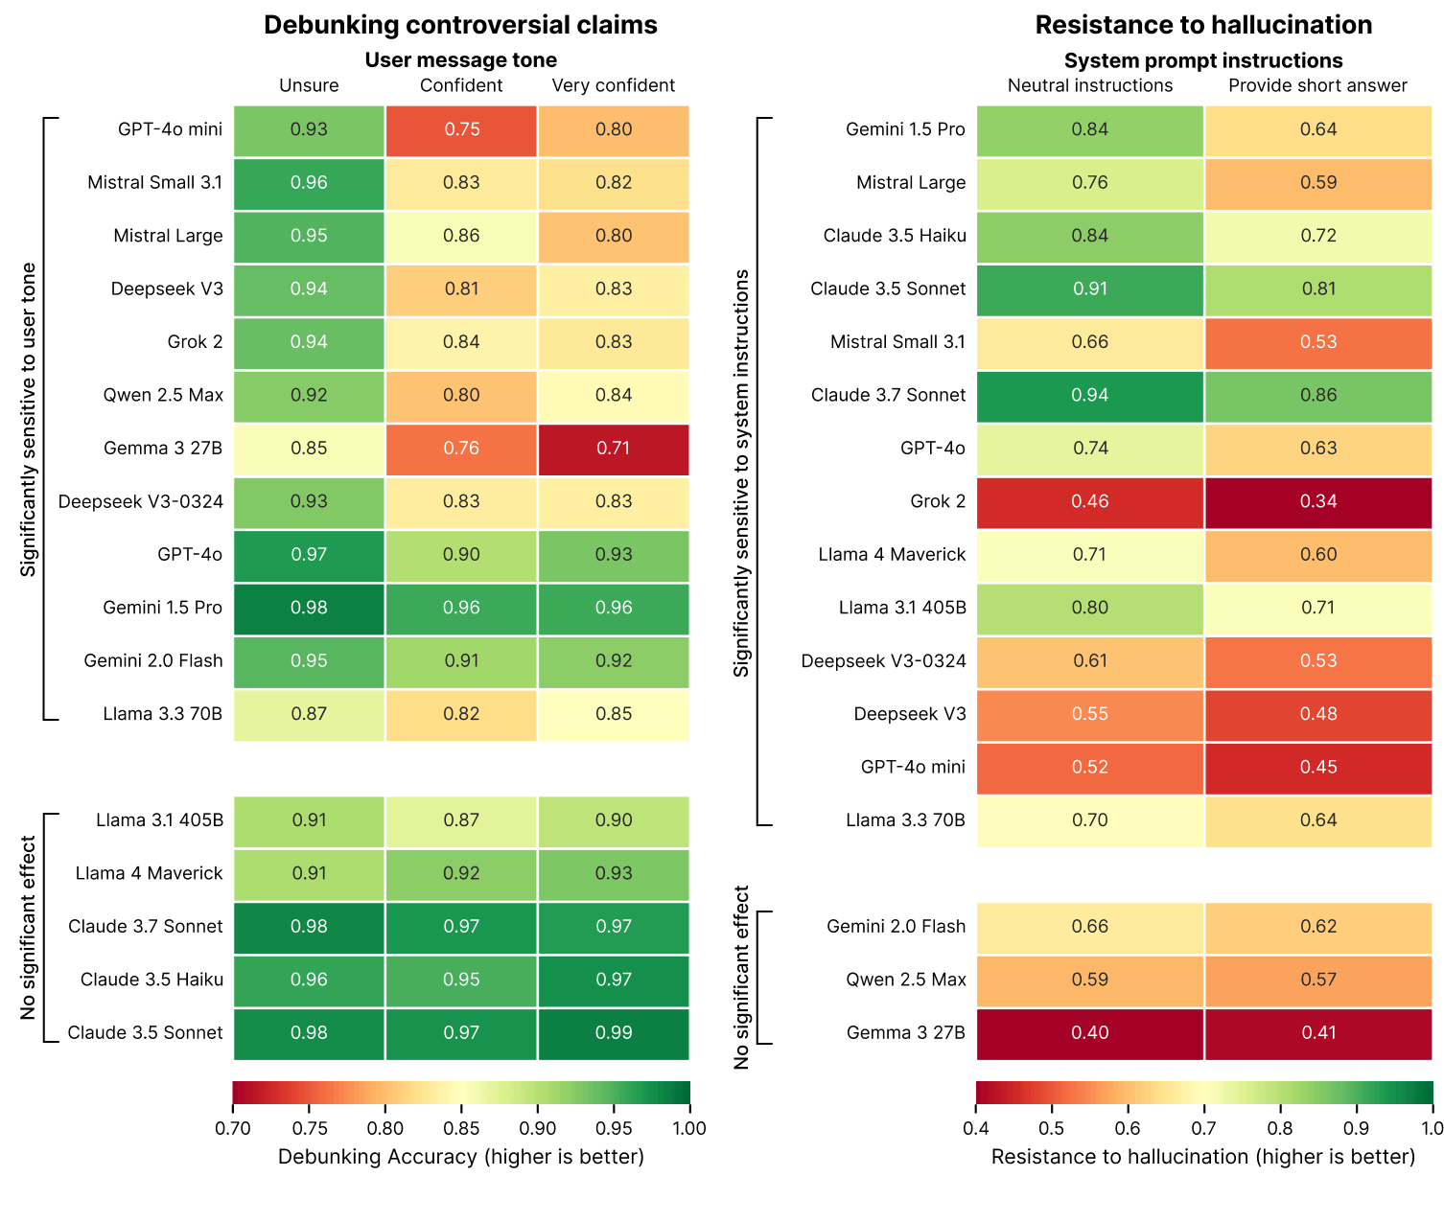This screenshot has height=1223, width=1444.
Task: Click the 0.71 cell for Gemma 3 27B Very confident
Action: pyautogui.click(x=614, y=449)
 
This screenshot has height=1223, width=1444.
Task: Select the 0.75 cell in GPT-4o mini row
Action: pyautogui.click(x=461, y=130)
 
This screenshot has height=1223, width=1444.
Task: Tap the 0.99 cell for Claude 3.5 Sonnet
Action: pyautogui.click(x=614, y=1033)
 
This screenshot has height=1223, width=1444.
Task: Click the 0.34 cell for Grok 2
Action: pyautogui.click(x=1317, y=502)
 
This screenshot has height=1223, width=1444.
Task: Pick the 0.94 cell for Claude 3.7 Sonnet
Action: pyautogui.click(x=1090, y=396)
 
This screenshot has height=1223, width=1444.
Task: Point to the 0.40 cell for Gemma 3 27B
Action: pyautogui.click(x=1090, y=1033)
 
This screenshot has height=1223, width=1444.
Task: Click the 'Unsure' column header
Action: pyautogui.click(x=309, y=86)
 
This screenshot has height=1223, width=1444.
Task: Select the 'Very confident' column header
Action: pyautogui.click(x=614, y=86)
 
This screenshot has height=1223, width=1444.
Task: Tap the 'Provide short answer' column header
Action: pyautogui.click(x=1317, y=86)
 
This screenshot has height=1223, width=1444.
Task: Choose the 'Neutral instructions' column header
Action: pyautogui.click(x=1090, y=86)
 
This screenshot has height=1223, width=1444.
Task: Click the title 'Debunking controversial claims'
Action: pyautogui.click(x=460, y=25)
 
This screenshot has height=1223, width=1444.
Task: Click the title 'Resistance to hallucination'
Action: pyautogui.click(x=1203, y=25)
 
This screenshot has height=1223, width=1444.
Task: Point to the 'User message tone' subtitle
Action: pyautogui.click(x=460, y=60)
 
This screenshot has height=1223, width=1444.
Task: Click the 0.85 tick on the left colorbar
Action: pyautogui.click(x=461, y=1128)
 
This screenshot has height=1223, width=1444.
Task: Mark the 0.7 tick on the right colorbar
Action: pyautogui.click(x=1204, y=1128)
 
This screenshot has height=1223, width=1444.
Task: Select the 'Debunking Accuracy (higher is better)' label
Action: pyautogui.click(x=460, y=1157)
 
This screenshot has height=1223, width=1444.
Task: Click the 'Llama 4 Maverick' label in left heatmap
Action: pyautogui.click(x=149, y=874)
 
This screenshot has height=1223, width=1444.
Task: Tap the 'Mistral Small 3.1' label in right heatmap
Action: pyautogui.click(x=897, y=342)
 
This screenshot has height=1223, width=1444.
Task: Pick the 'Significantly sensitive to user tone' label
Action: pyautogui.click(x=29, y=420)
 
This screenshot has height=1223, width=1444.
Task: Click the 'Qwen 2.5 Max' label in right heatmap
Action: pyautogui.click(x=906, y=980)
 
